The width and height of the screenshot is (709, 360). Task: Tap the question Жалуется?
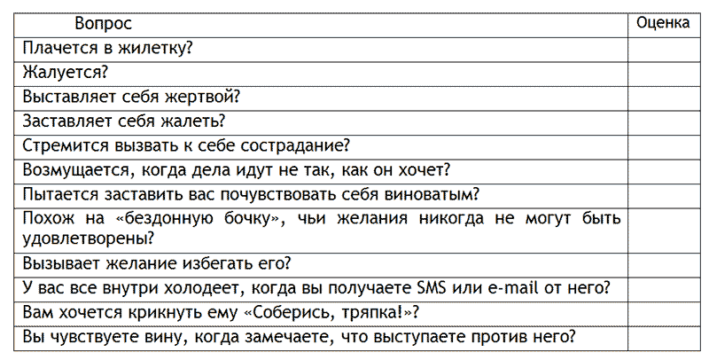pyautogui.click(x=64, y=73)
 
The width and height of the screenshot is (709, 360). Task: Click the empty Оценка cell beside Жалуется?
pyautogui.click(x=663, y=73)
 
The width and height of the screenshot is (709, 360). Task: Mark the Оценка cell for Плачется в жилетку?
pyautogui.click(x=663, y=49)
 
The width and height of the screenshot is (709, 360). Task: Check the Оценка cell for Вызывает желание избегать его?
pyautogui.click(x=663, y=264)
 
